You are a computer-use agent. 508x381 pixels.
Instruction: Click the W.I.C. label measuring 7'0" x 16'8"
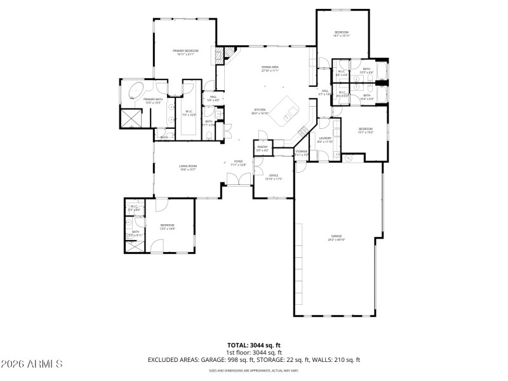tap(189, 113)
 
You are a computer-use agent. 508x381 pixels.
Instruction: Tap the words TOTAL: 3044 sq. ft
tap(253, 345)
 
